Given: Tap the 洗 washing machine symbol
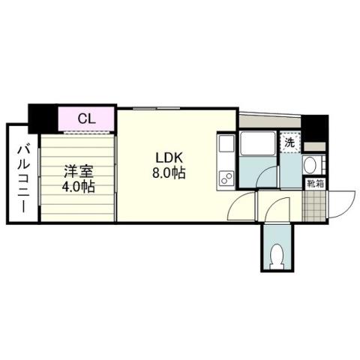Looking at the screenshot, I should tap(289, 141).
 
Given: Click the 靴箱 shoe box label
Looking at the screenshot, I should tap(314, 182).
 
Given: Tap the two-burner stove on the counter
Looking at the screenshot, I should tap(226, 177).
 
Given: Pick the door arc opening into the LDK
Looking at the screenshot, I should tap(240, 206).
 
